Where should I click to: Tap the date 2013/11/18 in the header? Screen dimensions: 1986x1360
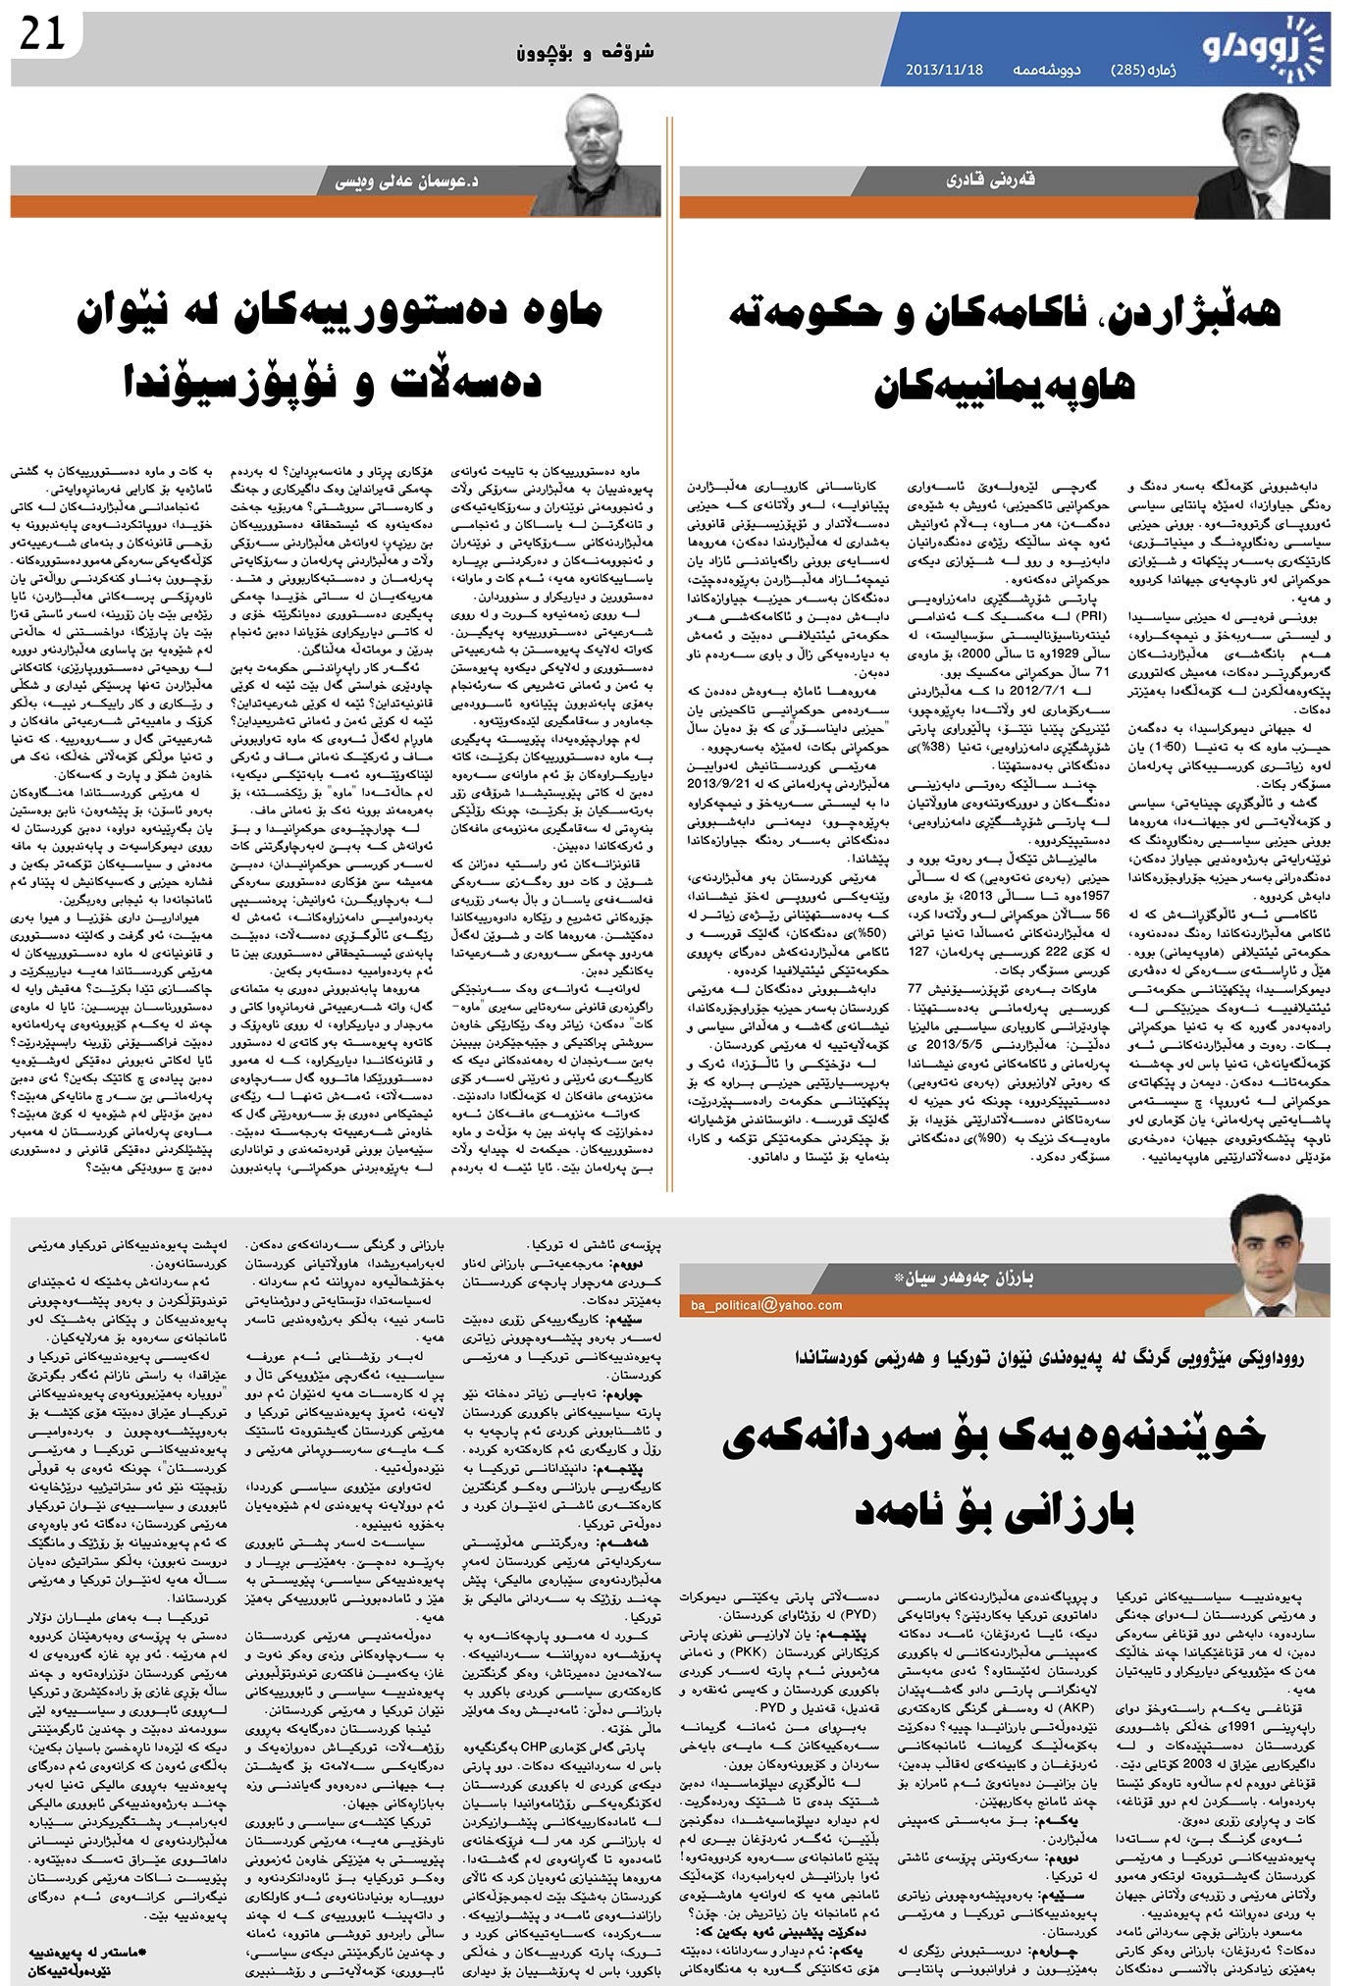pos(943,71)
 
